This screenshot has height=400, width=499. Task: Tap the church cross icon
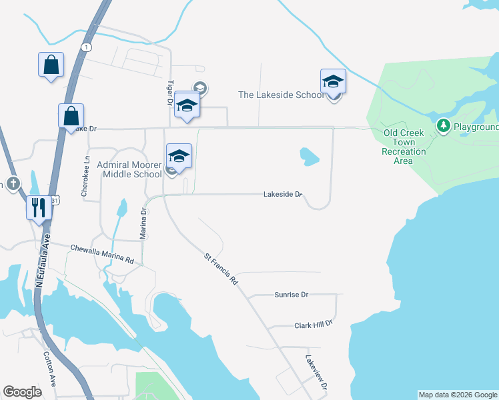coord(11,184)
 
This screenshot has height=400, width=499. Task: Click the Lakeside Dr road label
coord(283,195)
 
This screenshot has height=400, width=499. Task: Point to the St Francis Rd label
coord(221,268)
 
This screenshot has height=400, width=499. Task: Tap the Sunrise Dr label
coord(291,294)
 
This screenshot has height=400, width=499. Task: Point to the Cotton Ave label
coord(50,367)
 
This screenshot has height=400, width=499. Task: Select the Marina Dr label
coord(142,222)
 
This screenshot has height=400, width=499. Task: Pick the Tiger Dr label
coord(169,93)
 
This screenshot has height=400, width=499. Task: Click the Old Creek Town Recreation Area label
coord(404,147)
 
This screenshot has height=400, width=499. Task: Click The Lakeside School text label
coord(281,95)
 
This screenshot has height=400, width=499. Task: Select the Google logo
coord(22,392)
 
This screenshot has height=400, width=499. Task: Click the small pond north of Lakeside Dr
coord(309,157)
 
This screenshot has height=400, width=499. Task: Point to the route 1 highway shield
coord(86,47)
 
